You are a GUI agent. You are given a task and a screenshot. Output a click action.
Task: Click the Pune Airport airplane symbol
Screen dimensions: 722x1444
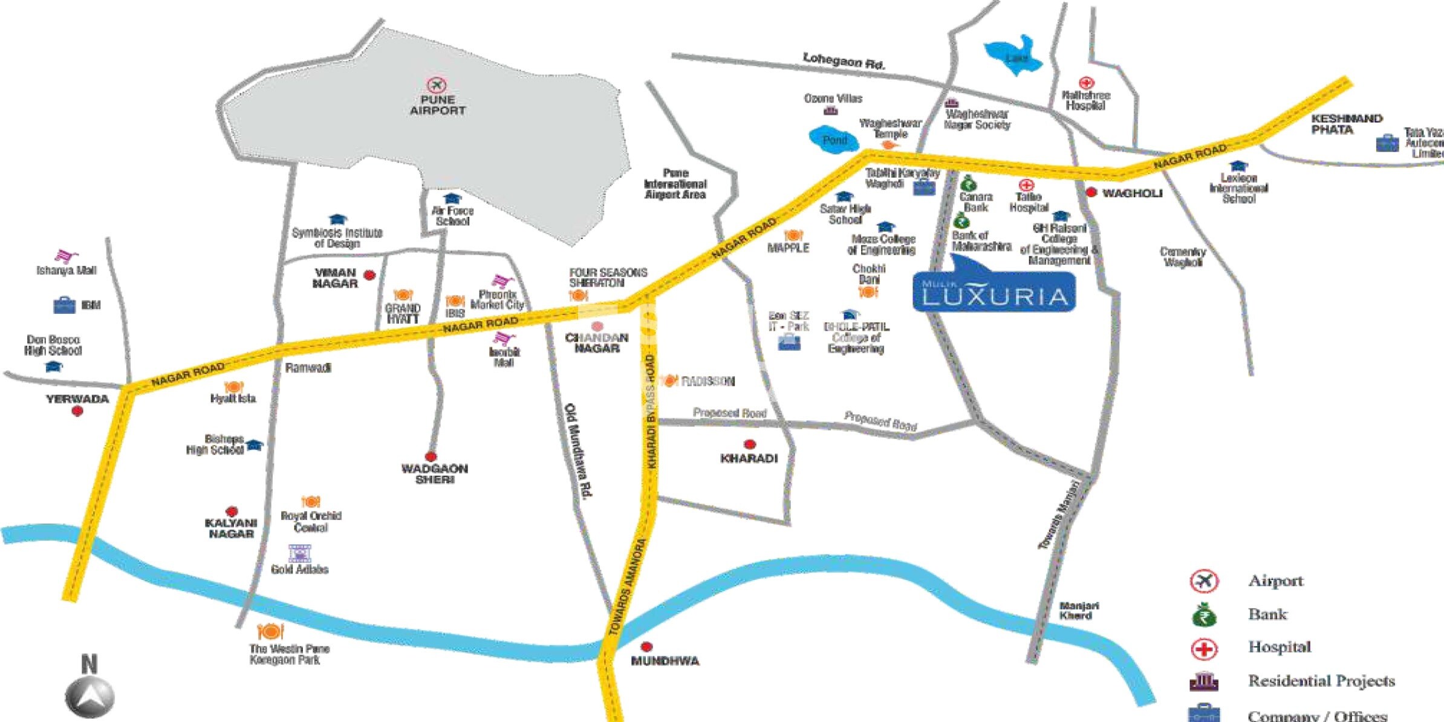[436, 85]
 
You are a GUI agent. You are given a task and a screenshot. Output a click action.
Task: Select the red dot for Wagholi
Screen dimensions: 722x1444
[1091, 192]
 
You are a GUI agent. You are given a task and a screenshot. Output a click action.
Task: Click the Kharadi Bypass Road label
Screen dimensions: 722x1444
[651, 411]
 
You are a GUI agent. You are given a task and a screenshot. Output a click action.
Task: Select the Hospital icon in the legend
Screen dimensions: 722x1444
[1203, 649]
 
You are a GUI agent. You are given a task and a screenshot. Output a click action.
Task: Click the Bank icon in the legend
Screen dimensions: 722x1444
[1203, 616]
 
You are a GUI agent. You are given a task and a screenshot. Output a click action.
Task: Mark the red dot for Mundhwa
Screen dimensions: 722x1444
[646, 646]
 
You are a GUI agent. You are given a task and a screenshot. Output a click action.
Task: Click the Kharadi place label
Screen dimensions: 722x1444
[749, 458]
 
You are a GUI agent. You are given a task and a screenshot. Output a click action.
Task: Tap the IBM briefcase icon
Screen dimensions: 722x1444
[64, 305]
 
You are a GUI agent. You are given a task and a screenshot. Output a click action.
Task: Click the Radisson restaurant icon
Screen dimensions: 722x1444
[669, 380]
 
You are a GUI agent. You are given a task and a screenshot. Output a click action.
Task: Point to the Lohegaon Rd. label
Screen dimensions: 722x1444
[844, 60]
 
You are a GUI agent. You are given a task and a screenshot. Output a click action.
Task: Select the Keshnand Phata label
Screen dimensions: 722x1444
[1345, 124]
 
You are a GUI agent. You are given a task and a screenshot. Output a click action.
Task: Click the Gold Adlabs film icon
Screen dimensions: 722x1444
[299, 553]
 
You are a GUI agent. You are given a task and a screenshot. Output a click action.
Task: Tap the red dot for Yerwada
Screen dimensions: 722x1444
[77, 412]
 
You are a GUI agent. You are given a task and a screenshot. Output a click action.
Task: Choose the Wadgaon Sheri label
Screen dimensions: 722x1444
[434, 473]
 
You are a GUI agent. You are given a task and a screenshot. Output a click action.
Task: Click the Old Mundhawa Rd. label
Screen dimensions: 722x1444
[579, 450]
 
